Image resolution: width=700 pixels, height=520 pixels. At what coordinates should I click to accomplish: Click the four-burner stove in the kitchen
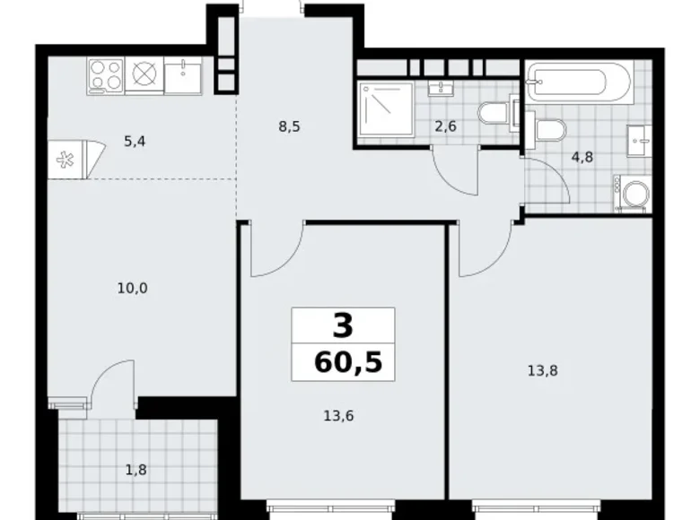105,74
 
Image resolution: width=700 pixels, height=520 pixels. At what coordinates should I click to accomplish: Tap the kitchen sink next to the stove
184,74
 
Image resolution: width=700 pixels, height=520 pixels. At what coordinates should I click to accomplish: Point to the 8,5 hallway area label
288,126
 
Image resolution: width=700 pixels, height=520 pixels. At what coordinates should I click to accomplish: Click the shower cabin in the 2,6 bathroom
384,112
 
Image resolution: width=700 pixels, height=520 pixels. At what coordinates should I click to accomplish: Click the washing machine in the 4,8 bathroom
633,194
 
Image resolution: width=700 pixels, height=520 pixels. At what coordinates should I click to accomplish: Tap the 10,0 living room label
132,288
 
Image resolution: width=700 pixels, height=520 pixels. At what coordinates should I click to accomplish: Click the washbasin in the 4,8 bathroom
639,142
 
